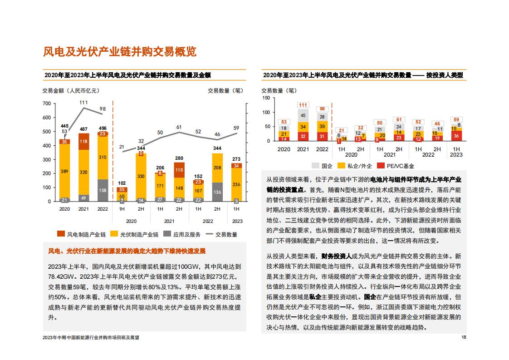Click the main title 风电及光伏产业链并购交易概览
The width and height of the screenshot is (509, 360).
[x=120, y=52]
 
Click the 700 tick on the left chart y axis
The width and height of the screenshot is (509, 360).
[x=47, y=104]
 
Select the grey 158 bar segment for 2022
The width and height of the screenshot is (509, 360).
[x=103, y=190]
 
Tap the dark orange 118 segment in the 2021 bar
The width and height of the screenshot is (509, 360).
[x=84, y=142]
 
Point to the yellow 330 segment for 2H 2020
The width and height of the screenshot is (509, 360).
[x=141, y=176]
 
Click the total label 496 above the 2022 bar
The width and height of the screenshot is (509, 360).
[x=103, y=128]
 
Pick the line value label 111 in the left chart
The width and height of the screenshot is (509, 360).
[x=84, y=103]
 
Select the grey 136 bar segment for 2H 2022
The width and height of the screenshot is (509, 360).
[x=217, y=192]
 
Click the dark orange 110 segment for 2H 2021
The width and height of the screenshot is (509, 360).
[x=179, y=170]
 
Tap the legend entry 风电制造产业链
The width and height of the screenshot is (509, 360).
[x=82, y=234]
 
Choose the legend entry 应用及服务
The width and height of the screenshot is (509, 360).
[x=182, y=234]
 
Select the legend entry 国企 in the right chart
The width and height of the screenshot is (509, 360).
[x=322, y=166]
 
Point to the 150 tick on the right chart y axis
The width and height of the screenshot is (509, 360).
[x=266, y=98]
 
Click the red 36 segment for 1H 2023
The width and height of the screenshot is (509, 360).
[x=456, y=136]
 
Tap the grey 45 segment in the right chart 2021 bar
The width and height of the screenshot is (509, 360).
[x=303, y=115]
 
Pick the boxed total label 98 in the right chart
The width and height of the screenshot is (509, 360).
[x=322, y=109]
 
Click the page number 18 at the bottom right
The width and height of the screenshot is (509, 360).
[x=464, y=337]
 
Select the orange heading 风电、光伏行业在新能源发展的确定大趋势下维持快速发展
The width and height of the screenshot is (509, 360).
[x=127, y=251]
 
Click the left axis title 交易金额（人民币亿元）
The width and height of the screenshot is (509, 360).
[x=71, y=91]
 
